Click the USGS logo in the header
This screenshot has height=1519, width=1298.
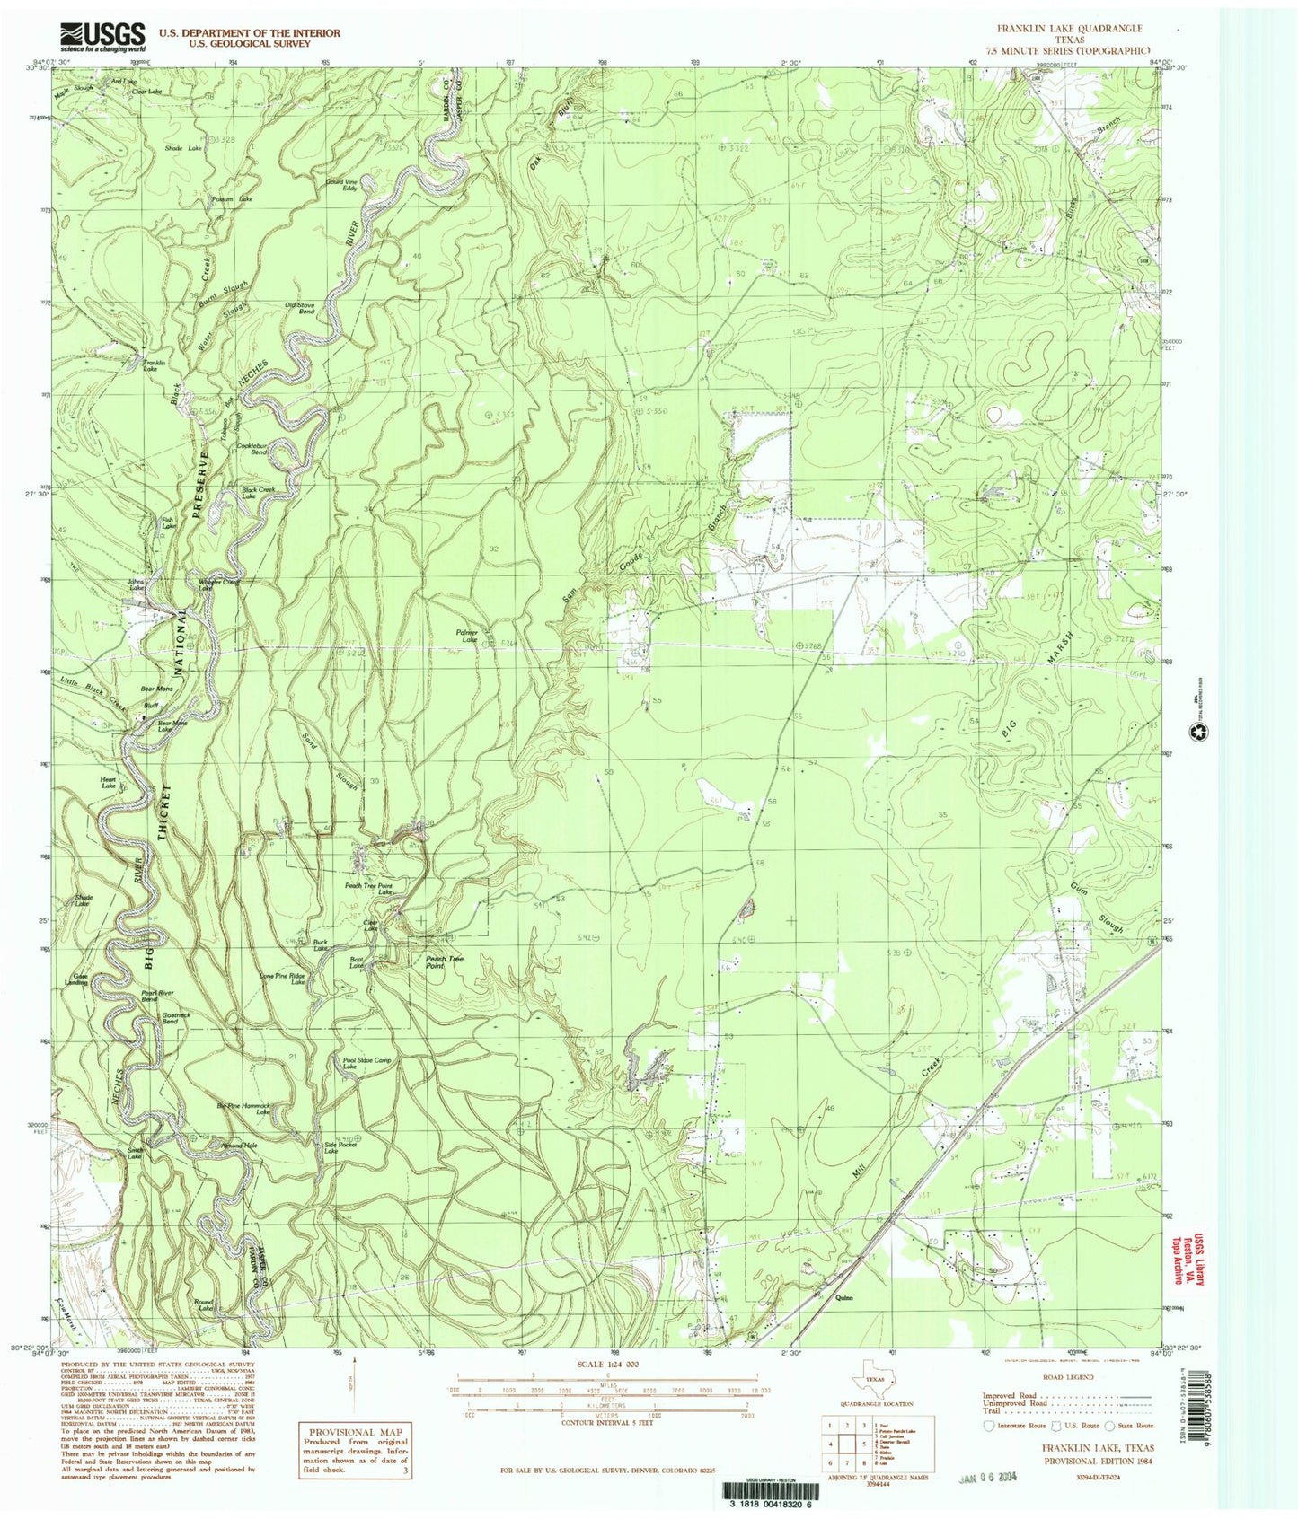pyautogui.click(x=102, y=36)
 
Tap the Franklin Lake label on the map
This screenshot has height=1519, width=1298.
pyautogui.click(x=150, y=364)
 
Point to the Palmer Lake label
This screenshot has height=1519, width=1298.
pyautogui.click(x=466, y=636)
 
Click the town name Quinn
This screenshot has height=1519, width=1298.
pyautogui.click(x=843, y=1296)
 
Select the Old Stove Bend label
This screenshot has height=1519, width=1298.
pyautogui.click(x=299, y=309)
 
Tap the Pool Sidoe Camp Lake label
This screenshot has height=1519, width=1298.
pyautogui.click(x=367, y=1063)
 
